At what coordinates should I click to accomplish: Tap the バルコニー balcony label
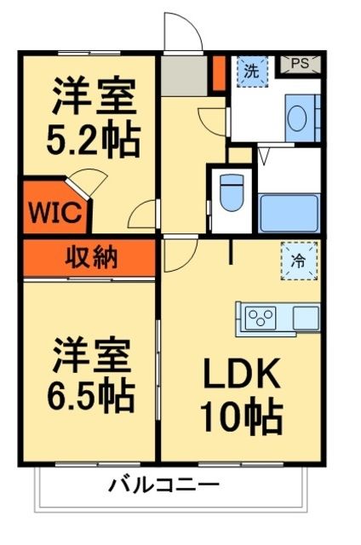[163, 486]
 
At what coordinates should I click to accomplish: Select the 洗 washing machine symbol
[251, 71]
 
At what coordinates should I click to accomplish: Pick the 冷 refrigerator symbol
[299, 261]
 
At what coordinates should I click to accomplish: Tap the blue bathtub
[289, 212]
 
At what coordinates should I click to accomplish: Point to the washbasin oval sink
[298, 118]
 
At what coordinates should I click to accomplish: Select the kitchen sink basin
[306, 318]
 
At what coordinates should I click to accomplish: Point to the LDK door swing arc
[177, 254]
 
